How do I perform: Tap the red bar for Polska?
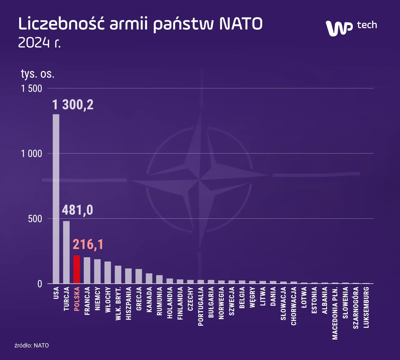pyautogui.click(x=77, y=269)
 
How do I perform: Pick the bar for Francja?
pyautogui.click(x=87, y=270)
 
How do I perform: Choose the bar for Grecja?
pyautogui.click(x=139, y=276)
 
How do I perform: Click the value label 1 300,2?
pyautogui.click(x=73, y=105)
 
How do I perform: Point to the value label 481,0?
pyautogui.click(x=77, y=210)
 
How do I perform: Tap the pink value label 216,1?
pyautogui.click(x=88, y=244)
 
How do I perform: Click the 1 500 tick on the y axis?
pyautogui.click(x=32, y=88)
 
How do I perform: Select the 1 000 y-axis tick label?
pyautogui.click(x=32, y=153)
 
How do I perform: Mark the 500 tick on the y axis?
pyautogui.click(x=35, y=219)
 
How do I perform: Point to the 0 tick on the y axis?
pyautogui.click(x=40, y=284)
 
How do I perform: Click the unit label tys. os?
pyautogui.click(x=37, y=74)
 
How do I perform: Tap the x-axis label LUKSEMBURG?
pyautogui.click(x=366, y=307)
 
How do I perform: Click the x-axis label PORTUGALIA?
pyautogui.click(x=201, y=306)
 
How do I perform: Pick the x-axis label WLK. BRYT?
pyautogui.click(x=118, y=303)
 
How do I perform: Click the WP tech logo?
pyautogui.click(x=351, y=27)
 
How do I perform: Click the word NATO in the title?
pyautogui.click(x=241, y=24)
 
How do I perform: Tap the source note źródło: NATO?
pyautogui.click(x=32, y=345)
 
